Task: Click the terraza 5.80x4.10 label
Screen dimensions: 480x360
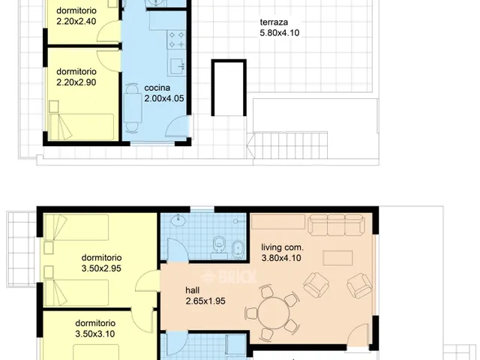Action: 280,28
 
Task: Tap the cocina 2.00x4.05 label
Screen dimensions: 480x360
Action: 164,93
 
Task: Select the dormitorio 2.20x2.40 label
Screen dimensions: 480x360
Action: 76,16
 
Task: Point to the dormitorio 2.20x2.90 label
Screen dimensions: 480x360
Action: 76,76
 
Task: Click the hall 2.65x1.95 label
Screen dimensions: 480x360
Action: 205,295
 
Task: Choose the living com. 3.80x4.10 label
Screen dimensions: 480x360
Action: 282,253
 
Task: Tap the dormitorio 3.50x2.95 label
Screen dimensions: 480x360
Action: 102,263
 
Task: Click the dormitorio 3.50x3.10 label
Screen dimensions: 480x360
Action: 95,328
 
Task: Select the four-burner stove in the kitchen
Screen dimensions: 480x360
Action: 176,40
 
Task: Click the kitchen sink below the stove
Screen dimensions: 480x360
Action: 177,65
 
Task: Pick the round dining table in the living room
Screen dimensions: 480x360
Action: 273,313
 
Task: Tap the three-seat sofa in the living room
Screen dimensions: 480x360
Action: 336,225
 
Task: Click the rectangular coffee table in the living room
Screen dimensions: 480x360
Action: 337,258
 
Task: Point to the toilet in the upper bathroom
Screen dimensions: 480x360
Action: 218,244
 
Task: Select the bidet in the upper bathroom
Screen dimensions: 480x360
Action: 238,249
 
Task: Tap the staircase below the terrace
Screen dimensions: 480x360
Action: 287,145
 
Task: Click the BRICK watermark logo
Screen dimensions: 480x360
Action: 229,277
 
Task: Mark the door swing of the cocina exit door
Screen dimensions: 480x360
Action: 178,125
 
